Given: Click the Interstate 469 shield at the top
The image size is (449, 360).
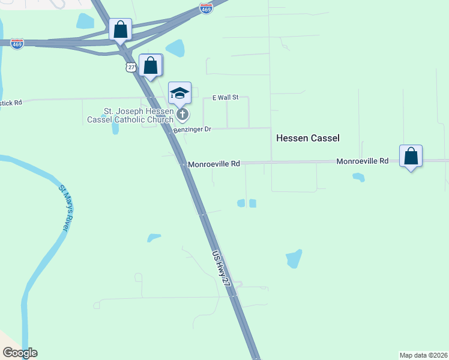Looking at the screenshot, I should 206,9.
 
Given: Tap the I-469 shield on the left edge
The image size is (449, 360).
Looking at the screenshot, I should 17,44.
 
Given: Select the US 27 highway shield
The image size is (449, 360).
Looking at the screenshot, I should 131,67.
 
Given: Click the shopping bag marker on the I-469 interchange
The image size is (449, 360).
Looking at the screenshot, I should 120,29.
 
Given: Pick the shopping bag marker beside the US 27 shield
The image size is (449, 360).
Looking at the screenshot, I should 150,65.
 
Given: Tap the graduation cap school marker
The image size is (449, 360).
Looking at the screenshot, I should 179,93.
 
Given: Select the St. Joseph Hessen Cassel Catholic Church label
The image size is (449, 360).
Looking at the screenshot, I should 137,115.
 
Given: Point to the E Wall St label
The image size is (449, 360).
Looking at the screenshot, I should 226,97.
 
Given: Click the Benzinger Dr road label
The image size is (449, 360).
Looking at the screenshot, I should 192,130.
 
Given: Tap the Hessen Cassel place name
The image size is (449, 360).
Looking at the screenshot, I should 308,138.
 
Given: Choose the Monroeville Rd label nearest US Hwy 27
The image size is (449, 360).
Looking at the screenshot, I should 214,163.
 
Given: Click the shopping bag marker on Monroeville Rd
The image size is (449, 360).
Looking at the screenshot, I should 411,156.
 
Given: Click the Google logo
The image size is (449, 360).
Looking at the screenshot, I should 20,353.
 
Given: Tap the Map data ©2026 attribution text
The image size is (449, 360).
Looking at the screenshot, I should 423,355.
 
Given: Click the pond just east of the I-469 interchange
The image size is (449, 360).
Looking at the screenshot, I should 175,47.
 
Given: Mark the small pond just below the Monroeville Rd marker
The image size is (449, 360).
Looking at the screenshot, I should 358,177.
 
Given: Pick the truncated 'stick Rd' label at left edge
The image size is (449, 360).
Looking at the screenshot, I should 11,103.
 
